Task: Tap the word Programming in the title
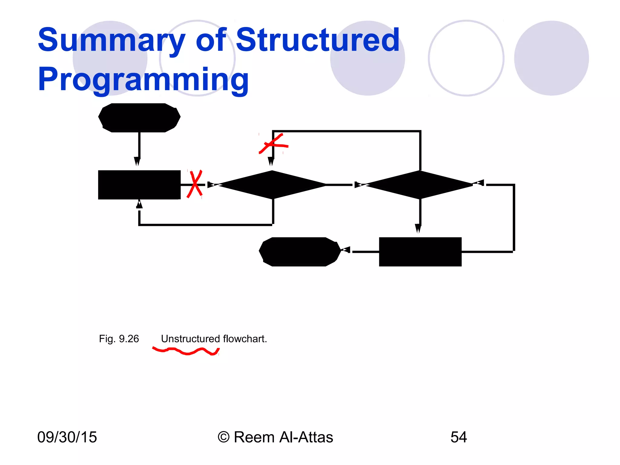[143, 79]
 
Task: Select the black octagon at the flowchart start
[139, 117]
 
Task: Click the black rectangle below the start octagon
[139, 185]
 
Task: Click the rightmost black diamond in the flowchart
[420, 185]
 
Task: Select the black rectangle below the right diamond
[420, 252]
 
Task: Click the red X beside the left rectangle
[195, 184]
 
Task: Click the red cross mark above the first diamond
[273, 144]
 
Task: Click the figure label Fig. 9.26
[119, 339]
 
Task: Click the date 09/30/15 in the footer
[67, 437]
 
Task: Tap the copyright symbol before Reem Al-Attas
[224, 437]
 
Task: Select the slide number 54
[459, 437]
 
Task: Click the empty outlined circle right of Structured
[466, 58]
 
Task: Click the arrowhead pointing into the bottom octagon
[346, 250]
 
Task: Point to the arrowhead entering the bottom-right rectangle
[418, 228]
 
